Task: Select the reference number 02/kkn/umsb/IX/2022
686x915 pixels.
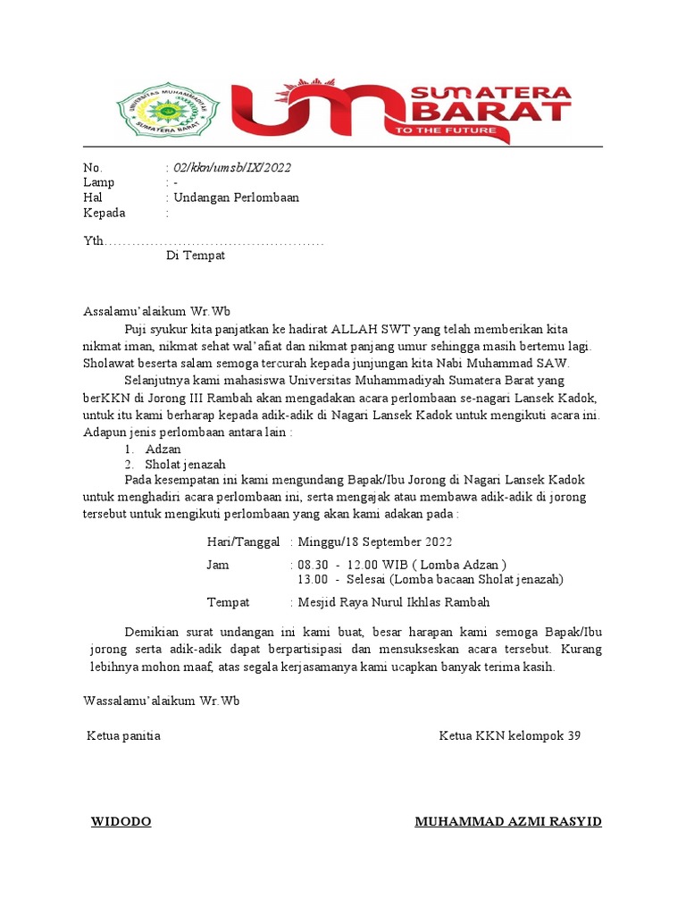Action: [231, 168]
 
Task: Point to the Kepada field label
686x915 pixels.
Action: [105, 213]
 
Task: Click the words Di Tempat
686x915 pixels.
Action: [196, 256]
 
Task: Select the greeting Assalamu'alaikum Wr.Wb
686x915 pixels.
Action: [156, 312]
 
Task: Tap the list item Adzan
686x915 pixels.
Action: [163, 449]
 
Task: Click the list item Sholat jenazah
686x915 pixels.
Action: [187, 465]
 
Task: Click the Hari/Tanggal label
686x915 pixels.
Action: [244, 542]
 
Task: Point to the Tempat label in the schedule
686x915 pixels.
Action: [228, 602]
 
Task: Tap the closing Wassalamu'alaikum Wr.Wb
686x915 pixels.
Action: [161, 701]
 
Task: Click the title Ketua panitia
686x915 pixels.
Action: [123, 736]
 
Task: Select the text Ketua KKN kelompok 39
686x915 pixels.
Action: [509, 736]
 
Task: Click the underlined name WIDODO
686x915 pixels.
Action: [121, 822]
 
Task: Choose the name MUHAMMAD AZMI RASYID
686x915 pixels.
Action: [508, 822]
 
